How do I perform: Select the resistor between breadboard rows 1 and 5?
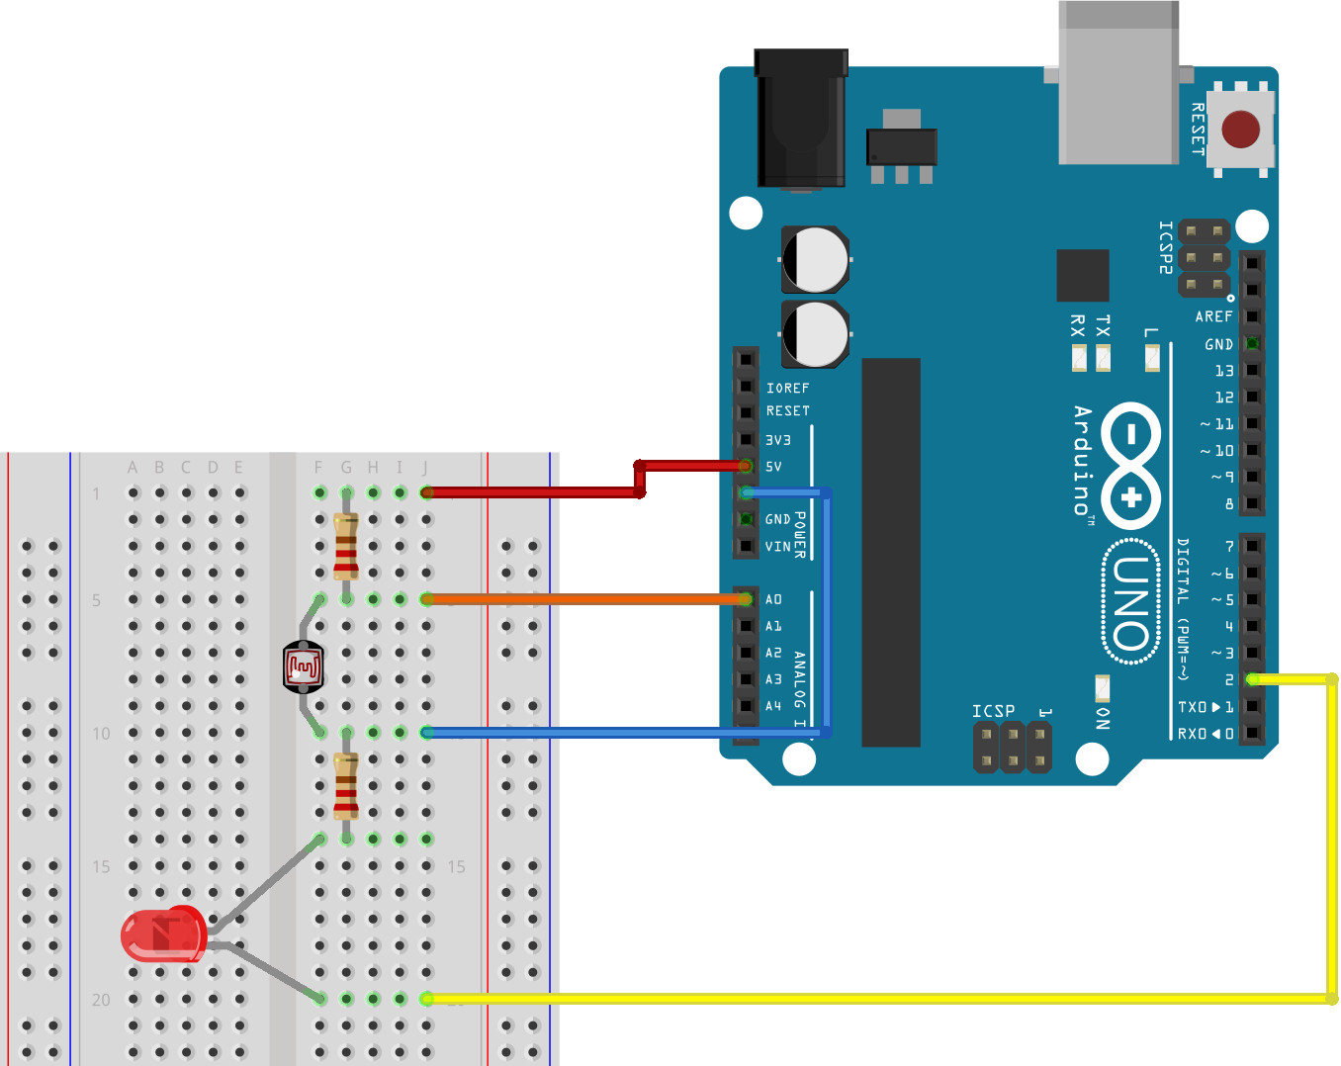click(346, 547)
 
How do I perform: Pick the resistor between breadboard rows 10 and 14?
click(346, 786)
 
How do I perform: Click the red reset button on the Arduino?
click(1240, 130)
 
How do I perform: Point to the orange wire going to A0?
click(583, 599)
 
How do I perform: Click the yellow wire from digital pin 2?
click(1331, 841)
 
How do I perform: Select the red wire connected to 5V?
click(534, 492)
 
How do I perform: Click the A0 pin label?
click(773, 599)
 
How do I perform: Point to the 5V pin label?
click(773, 467)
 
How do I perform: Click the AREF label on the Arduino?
click(1213, 317)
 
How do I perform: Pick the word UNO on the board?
click(1131, 603)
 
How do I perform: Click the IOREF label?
click(787, 389)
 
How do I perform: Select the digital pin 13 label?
click(1224, 371)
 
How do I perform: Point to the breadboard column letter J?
click(425, 468)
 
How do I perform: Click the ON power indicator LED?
click(1102, 687)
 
